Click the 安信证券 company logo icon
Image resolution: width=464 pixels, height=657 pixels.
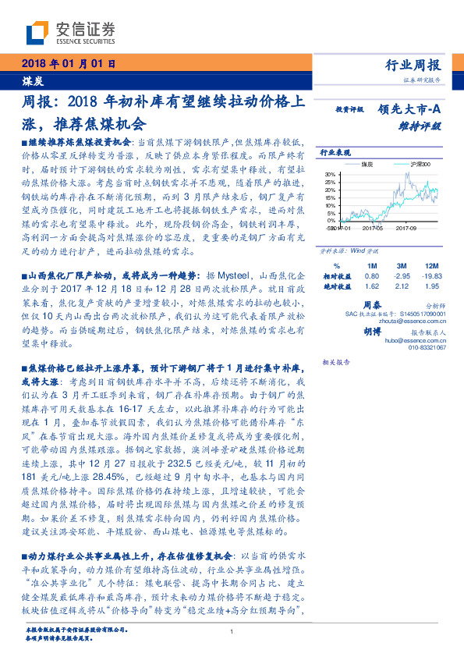(37, 32)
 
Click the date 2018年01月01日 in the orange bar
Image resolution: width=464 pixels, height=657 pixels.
(68, 64)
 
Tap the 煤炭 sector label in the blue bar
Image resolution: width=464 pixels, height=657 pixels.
(32, 80)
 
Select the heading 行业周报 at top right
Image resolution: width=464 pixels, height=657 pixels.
(414, 65)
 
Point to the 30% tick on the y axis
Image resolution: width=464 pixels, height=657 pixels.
(330, 175)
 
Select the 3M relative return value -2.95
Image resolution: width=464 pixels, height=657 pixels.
(402, 277)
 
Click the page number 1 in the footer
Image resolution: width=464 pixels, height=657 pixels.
(232, 633)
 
